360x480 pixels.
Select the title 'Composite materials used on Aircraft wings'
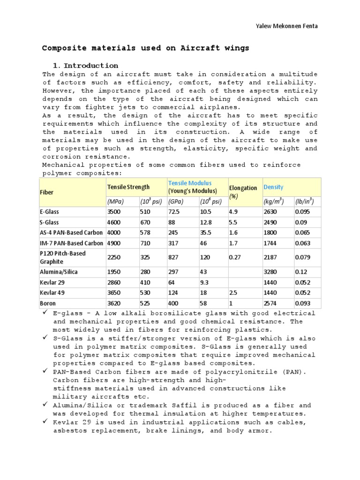tap(146, 48)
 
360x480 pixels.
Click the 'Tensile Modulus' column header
tap(190, 183)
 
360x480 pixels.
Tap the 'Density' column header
tap(274, 187)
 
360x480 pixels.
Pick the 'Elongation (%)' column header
tap(243, 192)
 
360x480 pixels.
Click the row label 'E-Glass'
tap(50, 212)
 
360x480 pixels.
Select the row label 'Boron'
tap(48, 303)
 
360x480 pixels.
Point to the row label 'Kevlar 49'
tap(52, 293)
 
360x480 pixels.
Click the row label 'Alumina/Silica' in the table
tap(59, 271)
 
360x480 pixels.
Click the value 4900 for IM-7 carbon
tap(114, 243)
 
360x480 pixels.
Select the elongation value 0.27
tap(235, 257)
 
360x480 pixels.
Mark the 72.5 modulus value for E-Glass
tap(175, 212)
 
